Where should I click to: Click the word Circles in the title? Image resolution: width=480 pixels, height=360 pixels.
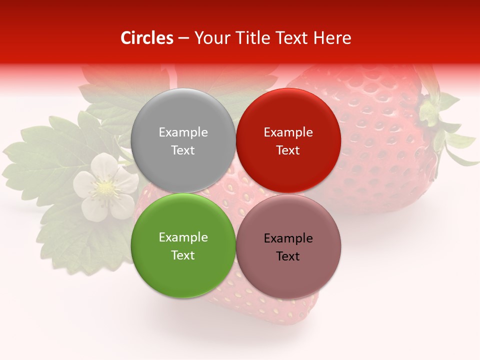147,38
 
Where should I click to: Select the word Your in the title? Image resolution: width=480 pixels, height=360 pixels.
211,38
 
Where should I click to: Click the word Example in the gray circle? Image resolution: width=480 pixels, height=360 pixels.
183,132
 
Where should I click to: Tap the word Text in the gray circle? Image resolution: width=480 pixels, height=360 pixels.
183,150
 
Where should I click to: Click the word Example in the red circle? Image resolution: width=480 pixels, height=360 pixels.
288,132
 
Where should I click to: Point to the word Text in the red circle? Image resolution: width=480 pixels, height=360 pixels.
288,150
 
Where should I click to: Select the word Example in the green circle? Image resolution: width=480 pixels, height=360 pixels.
183,237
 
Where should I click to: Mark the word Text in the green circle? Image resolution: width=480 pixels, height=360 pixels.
183,255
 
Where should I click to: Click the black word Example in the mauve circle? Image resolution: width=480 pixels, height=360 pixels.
288,238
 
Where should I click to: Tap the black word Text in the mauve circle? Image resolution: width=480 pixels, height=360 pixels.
288,256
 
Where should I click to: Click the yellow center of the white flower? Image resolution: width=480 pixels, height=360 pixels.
105,188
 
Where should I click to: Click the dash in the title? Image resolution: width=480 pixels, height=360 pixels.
183,38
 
